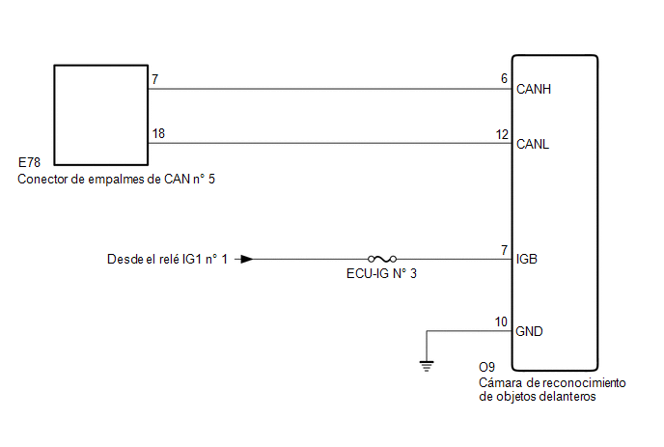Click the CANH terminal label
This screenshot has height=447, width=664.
[534, 90]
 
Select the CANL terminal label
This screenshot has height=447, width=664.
[533, 145]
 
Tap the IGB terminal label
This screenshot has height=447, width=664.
[527, 259]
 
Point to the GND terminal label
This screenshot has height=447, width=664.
[529, 331]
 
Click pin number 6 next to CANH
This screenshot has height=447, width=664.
[504, 78]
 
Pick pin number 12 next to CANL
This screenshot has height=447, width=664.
[502, 134]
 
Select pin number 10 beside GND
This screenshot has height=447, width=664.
[502, 322]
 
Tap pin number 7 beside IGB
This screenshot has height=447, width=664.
[504, 250]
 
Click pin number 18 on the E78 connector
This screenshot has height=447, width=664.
[158, 133]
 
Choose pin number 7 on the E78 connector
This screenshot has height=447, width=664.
[155, 79]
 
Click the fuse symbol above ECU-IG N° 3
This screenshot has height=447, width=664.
[382, 259]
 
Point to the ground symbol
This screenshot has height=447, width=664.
[427, 366]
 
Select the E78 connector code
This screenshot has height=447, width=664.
[29, 162]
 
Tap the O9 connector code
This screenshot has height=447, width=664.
[487, 367]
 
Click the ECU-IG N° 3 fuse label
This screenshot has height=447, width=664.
[381, 274]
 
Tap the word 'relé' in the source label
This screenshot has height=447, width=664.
[169, 259]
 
